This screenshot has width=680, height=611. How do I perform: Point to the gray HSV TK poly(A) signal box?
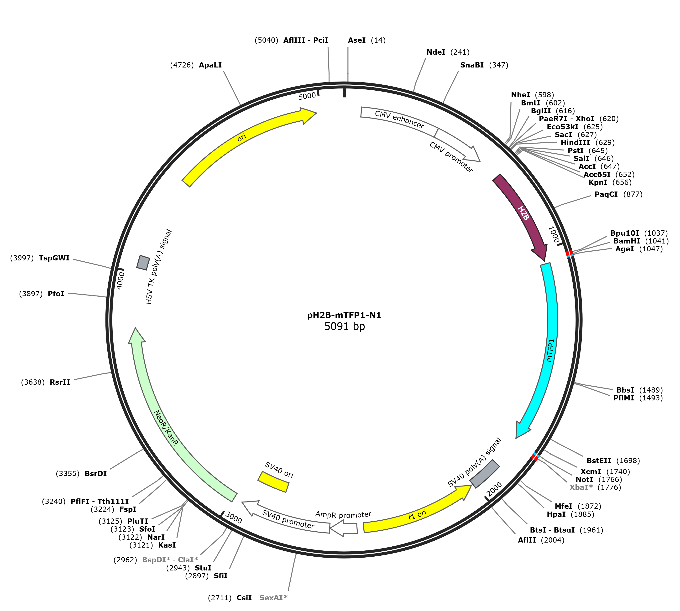pyautogui.click(x=143, y=262)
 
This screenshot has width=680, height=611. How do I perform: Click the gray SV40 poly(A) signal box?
pyautogui.click(x=485, y=474)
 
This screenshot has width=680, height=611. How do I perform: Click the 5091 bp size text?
pyautogui.click(x=345, y=326)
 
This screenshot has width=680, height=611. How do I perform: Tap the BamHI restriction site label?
pyautogui.click(x=627, y=241)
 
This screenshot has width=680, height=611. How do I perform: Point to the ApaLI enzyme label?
pyautogui.click(x=210, y=65)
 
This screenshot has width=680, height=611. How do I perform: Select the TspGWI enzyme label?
pyautogui.click(x=54, y=258)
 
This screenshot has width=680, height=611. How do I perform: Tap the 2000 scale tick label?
pyautogui.click(x=494, y=489)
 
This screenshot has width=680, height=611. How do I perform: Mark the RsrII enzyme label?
pyautogui.click(x=60, y=382)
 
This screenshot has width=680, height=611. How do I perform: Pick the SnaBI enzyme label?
pyautogui.click(x=472, y=65)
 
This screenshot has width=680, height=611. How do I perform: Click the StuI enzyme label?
pyautogui.click(x=203, y=568)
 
